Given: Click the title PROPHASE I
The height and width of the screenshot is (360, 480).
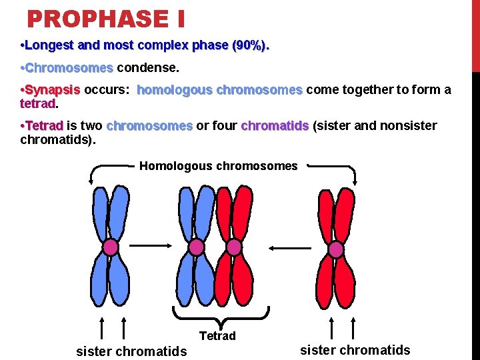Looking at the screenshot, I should tap(105, 19).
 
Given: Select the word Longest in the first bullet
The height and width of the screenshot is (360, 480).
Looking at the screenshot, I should tap(45, 46).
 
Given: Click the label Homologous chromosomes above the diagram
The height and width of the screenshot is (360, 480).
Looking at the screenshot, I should tap(218, 166).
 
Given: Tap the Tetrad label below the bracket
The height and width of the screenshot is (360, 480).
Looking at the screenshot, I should tap(217, 335).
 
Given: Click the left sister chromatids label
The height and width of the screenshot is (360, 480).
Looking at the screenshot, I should tap(131, 351).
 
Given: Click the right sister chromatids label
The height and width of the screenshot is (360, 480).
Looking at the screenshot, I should tap(355, 350).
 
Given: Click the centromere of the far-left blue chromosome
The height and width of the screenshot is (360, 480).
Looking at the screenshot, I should tap(111, 247).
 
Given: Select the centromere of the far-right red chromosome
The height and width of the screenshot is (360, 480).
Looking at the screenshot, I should tap(336, 249).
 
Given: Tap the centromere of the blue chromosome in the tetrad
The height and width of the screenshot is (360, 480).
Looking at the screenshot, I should tap(196, 247).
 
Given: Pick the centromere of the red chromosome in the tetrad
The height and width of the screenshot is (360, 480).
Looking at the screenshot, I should tap(234, 247).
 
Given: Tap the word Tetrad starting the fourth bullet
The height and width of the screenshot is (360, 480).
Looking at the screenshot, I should tap(43, 126).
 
